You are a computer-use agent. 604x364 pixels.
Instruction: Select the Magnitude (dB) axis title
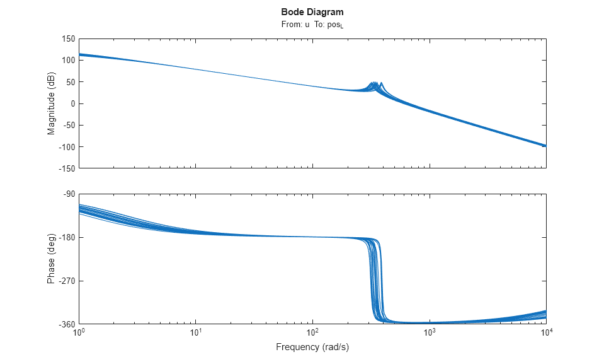pyautogui.click(x=52, y=103)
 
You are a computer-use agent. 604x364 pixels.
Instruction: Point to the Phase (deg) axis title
pyautogui.click(x=52, y=259)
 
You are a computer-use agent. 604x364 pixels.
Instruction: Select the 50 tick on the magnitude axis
pyautogui.click(x=70, y=82)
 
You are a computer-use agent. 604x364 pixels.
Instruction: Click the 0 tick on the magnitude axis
pyautogui.click(x=72, y=103)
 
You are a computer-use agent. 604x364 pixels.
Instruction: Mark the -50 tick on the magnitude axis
pyautogui.click(x=68, y=126)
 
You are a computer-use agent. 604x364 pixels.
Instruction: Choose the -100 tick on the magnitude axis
pyautogui.click(x=66, y=147)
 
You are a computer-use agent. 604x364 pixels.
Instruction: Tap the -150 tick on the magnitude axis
pyautogui.click(x=66, y=168)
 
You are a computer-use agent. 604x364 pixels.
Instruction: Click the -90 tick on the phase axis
pyautogui.click(x=68, y=194)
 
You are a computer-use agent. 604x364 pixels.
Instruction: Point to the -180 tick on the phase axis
pyautogui.click(x=66, y=237)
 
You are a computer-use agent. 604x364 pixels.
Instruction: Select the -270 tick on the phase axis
pyautogui.click(x=66, y=281)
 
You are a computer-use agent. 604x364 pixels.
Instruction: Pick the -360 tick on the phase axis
pyautogui.click(x=66, y=324)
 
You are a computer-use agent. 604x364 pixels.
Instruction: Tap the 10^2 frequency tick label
pyautogui.click(x=313, y=332)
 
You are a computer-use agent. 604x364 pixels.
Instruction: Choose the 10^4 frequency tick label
pyautogui.click(x=546, y=332)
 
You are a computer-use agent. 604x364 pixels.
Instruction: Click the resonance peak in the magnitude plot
pyautogui.click(x=381, y=83)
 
